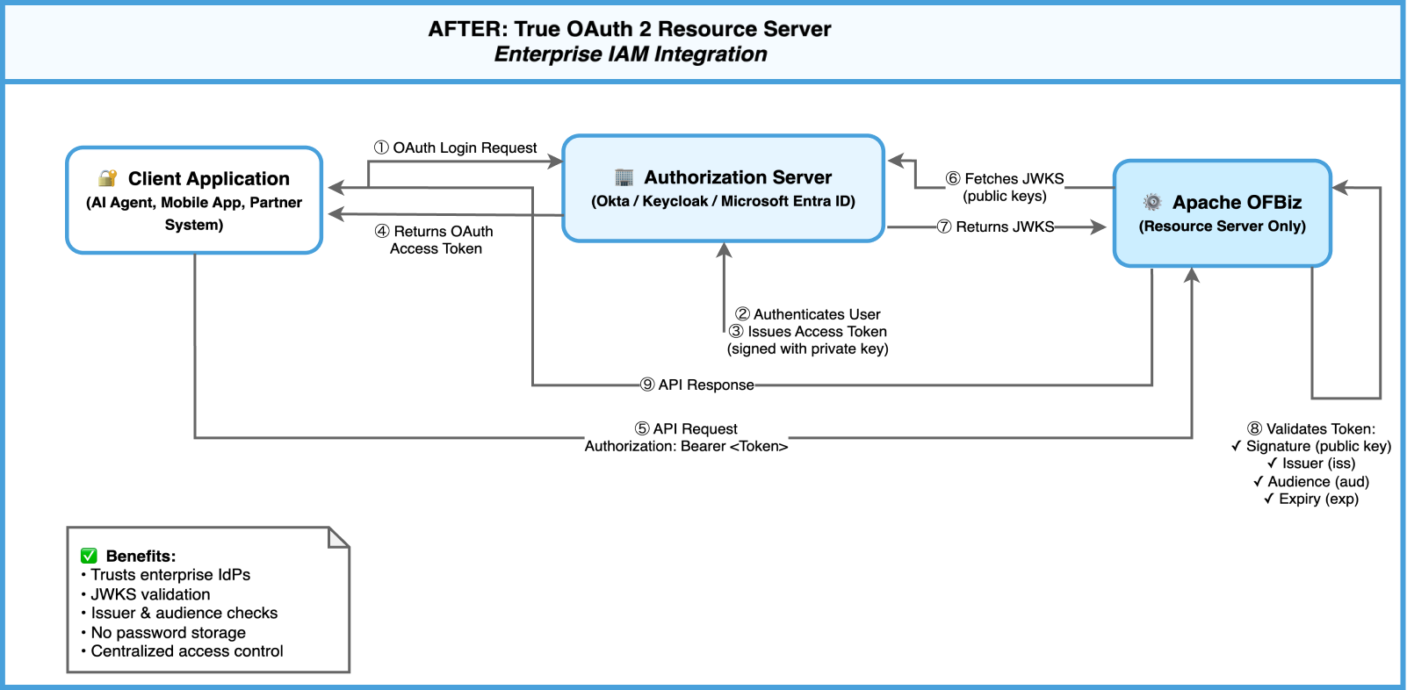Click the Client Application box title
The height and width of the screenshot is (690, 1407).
pyautogui.click(x=208, y=179)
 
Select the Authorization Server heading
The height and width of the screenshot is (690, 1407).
pyautogui.click(x=738, y=177)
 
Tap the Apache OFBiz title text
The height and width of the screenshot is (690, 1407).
pyautogui.click(x=1237, y=203)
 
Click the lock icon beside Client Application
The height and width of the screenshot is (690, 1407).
pyautogui.click(x=107, y=178)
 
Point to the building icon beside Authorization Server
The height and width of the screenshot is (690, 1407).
pyautogui.click(x=624, y=177)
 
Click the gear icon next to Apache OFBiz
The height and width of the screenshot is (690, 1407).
pyautogui.click(x=1152, y=202)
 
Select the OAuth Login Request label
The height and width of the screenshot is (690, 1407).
pyautogui.click(x=456, y=147)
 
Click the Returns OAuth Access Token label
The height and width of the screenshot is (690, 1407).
pyautogui.click(x=436, y=240)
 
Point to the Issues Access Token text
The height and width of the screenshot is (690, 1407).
pyautogui.click(x=808, y=332)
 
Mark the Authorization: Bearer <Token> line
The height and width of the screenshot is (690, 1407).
pyautogui.click(x=686, y=446)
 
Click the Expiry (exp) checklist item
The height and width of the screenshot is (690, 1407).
pyautogui.click(x=1312, y=499)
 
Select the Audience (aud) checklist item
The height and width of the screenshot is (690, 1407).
pyautogui.click(x=1312, y=481)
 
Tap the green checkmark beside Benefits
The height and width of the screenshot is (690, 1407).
pyautogui.click(x=89, y=556)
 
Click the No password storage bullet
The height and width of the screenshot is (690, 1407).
pyautogui.click(x=167, y=632)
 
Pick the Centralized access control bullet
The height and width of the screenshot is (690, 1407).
pyautogui.click(x=186, y=651)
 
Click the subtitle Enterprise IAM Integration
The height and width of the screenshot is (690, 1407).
pyautogui.click(x=631, y=54)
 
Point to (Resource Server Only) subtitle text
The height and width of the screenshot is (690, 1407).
pyautogui.click(x=1222, y=226)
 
